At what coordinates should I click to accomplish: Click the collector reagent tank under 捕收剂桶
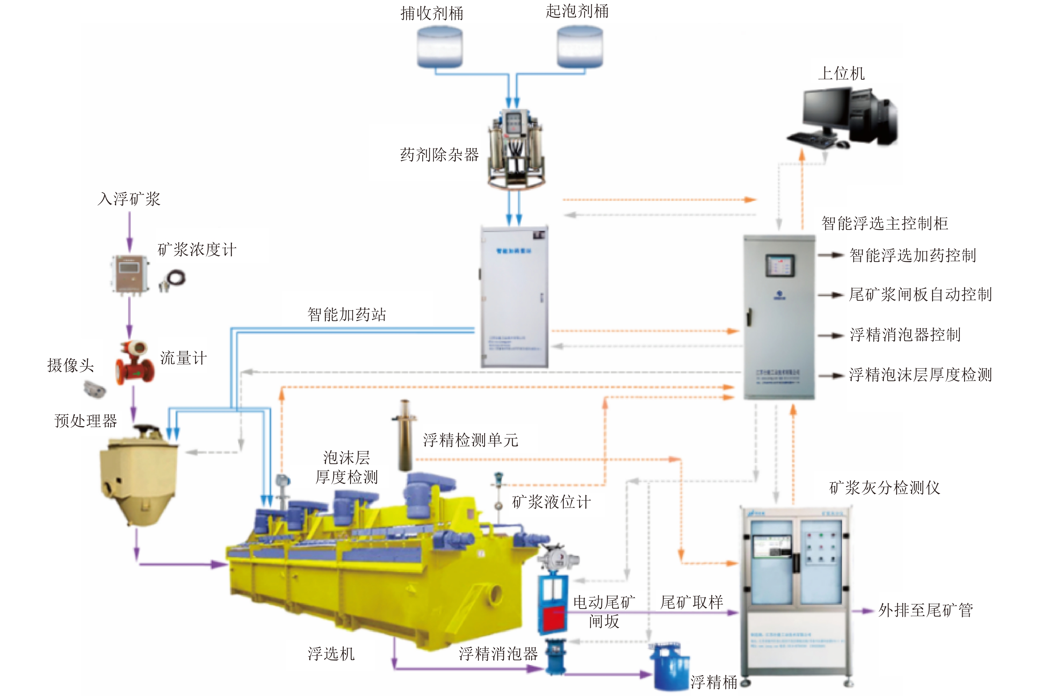(439, 47)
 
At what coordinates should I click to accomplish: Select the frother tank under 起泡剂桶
(580, 47)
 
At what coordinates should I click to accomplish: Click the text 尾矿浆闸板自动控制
(920, 295)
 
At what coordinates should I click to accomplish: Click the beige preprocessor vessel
(138, 477)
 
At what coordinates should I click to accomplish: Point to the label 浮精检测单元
(470, 440)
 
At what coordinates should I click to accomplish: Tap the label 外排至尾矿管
(925, 610)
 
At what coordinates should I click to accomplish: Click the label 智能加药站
(346, 315)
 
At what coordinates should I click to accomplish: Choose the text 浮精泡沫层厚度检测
(920, 375)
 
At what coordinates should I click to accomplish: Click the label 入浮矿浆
(129, 199)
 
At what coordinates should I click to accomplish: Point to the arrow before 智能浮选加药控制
(831, 255)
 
